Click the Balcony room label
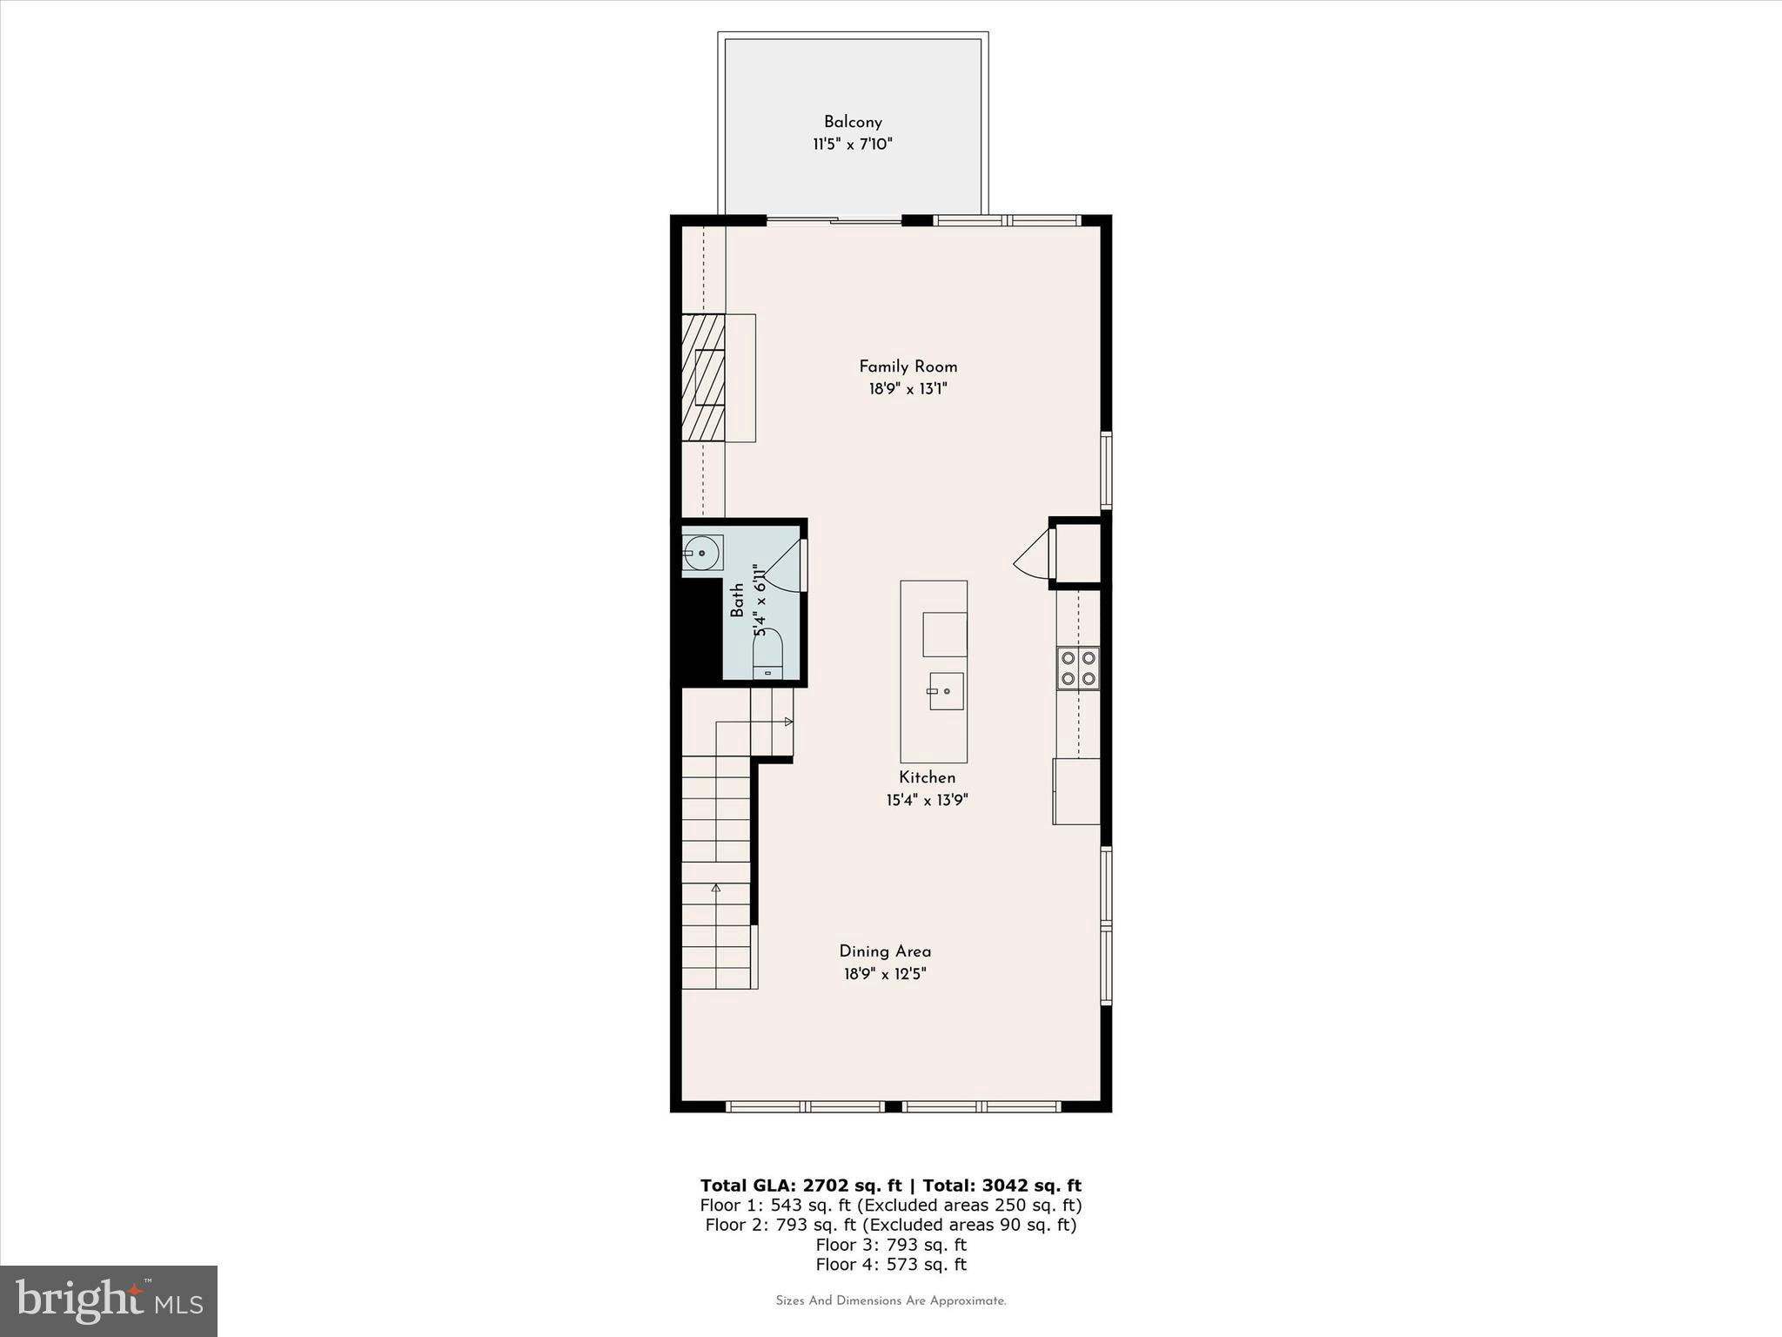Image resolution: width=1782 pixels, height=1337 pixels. click(853, 122)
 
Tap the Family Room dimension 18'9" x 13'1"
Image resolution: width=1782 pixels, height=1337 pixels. click(908, 389)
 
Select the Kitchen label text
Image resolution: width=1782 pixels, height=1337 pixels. click(927, 777)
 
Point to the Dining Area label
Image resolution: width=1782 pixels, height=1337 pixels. click(885, 951)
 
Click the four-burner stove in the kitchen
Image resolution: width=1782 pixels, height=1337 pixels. click(1078, 668)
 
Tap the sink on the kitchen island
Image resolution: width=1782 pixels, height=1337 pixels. click(946, 691)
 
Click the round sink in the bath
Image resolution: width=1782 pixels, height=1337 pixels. click(701, 553)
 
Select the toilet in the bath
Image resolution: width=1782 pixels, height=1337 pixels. click(767, 654)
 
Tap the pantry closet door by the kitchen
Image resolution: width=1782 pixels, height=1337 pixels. click(1034, 554)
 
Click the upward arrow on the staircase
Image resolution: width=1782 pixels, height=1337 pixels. click(716, 888)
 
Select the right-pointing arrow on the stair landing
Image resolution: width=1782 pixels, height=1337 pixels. click(787, 722)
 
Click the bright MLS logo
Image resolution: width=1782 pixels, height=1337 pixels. click(109, 1300)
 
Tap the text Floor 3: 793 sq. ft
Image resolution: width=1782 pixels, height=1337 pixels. click(890, 1245)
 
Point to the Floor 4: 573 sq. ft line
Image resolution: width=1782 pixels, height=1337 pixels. click(890, 1265)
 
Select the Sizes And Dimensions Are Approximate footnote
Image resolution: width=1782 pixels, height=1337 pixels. click(890, 1301)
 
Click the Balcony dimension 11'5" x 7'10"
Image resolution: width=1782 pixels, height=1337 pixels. click(853, 144)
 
